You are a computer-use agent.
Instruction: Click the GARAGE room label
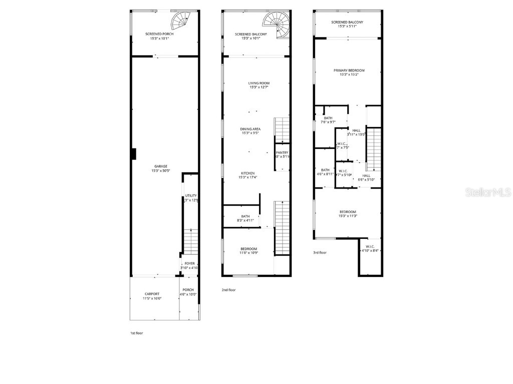tap(160, 166)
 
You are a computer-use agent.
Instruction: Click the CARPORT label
tap(152, 294)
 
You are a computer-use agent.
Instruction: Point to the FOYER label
tap(189, 263)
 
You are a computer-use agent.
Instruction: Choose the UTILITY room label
tap(191, 195)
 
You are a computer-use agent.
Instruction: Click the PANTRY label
tap(282, 153)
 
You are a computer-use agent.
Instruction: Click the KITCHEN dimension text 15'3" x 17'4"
tap(249, 177)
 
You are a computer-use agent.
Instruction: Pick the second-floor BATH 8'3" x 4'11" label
tap(245, 216)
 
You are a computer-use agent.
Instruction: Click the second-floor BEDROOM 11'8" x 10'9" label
tap(248, 249)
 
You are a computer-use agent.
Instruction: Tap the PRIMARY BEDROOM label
tap(349, 70)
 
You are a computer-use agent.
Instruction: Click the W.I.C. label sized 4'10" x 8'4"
tap(370, 246)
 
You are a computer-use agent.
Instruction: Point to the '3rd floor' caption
tap(320, 252)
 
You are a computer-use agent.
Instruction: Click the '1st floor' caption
tap(136, 332)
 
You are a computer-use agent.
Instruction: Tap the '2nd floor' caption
tap(228, 290)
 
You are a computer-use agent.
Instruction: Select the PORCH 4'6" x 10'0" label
tap(188, 290)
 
